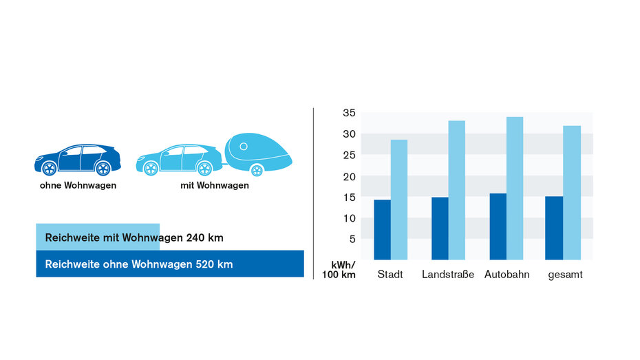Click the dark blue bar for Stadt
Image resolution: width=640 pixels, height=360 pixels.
pos(382,230)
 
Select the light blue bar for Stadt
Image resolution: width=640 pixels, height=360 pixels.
pos(399,200)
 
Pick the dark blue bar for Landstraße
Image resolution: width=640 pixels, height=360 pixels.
pos(440,229)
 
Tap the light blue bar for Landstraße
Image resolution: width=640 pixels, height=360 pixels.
pos(457,190)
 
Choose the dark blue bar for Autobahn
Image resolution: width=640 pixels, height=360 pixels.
pos(498,226)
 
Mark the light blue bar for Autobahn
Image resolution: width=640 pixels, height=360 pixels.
pos(515,188)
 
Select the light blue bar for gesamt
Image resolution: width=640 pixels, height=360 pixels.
pos(572,193)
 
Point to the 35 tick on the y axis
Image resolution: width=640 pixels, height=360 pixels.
pos(348,113)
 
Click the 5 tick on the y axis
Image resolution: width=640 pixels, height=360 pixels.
pos(352,240)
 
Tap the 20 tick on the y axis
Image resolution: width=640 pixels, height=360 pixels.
pos(348,176)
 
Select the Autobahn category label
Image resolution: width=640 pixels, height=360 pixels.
pos(506,275)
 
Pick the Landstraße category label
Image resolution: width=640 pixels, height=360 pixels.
pos(448,275)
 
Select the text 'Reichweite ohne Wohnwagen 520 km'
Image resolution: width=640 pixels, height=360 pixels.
pos(138,264)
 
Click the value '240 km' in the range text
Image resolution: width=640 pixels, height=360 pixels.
pos(204,238)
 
